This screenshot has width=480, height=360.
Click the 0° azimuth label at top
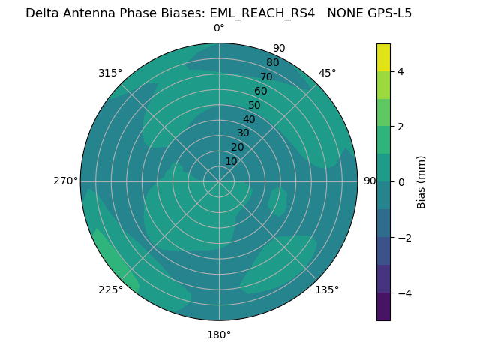click(x=219, y=28)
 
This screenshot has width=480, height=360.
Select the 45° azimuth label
click(x=327, y=73)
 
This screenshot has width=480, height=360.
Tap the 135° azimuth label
click(x=327, y=289)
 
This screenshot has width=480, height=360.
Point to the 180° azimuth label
click(x=219, y=334)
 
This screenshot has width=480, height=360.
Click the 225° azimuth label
click(x=110, y=290)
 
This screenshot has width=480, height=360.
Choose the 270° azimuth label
click(x=65, y=181)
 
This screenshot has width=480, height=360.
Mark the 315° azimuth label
click(x=110, y=73)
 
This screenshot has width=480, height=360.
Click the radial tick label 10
click(x=231, y=161)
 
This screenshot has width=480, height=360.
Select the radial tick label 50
click(x=255, y=105)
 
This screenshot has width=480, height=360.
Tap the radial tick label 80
click(x=273, y=62)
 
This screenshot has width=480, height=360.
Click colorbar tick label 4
click(x=401, y=71)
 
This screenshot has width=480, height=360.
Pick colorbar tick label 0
click(x=401, y=181)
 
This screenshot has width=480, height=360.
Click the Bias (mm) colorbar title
click(x=421, y=181)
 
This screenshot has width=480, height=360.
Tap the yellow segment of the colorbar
click(x=383, y=57)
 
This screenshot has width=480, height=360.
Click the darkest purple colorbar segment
click(x=383, y=306)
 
